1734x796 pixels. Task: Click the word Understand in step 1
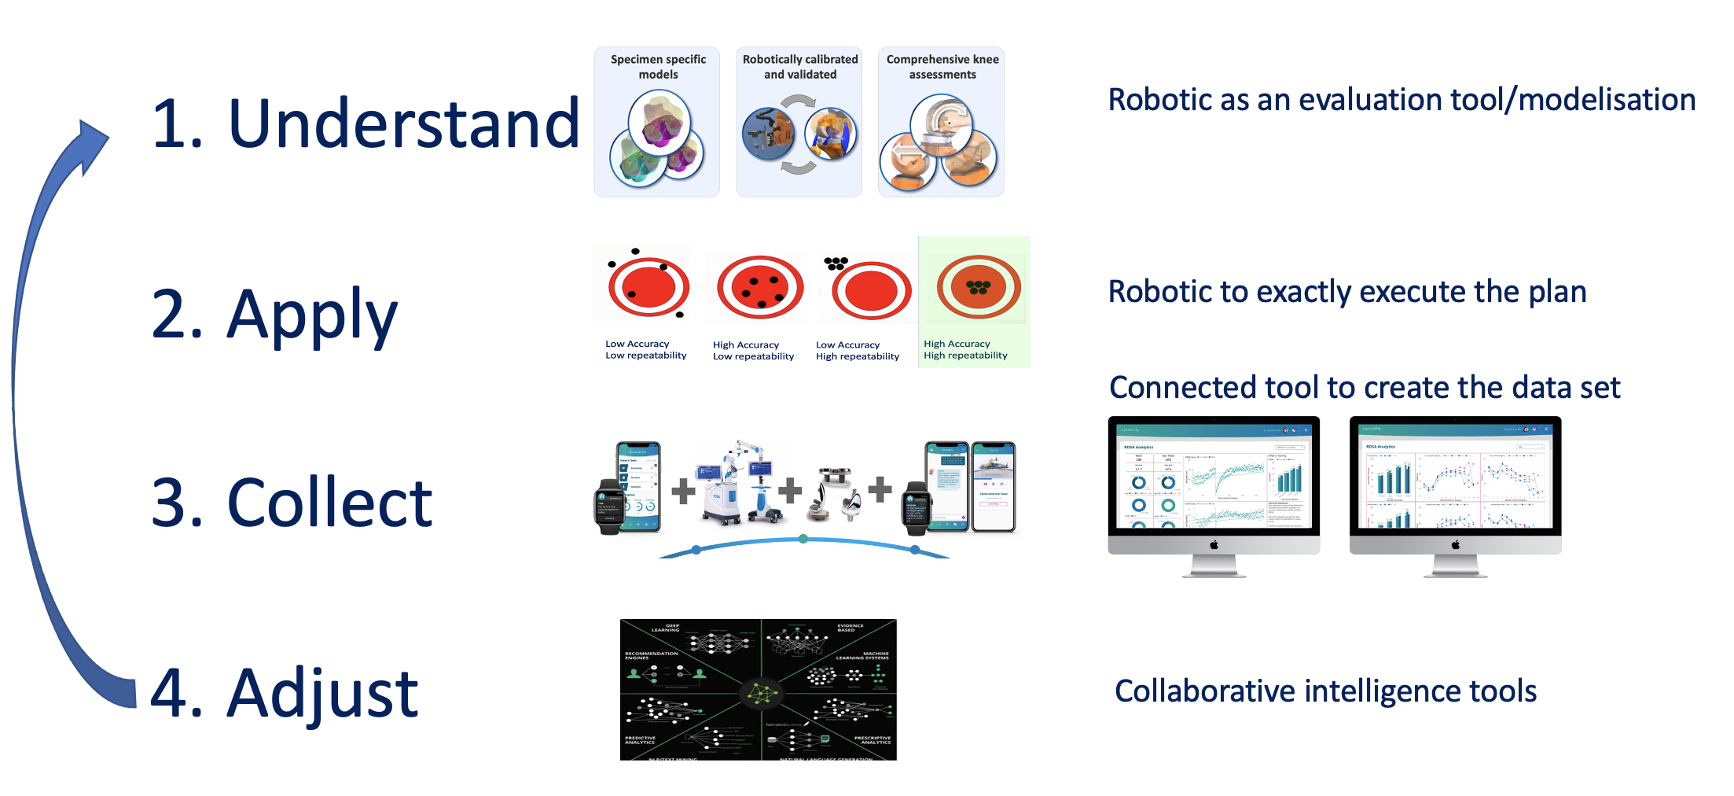pyautogui.click(x=403, y=123)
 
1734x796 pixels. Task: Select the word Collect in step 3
pyautogui.click(x=329, y=503)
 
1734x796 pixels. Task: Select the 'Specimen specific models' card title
pyautogui.click(x=658, y=67)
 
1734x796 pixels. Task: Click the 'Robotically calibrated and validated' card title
pyautogui.click(x=800, y=67)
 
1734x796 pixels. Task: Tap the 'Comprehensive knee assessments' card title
pyautogui.click(x=942, y=67)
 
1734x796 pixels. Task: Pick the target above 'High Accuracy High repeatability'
pyautogui.click(x=978, y=287)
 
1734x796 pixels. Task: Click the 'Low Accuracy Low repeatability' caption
pyautogui.click(x=645, y=350)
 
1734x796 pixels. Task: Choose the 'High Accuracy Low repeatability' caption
pyautogui.click(x=753, y=351)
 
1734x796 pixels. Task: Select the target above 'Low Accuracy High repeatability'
pyautogui.click(x=870, y=290)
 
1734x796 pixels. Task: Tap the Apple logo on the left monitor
pyautogui.click(x=1214, y=544)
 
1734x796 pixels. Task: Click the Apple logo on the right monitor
pyautogui.click(x=1455, y=544)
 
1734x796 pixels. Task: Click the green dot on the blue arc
pyautogui.click(x=803, y=539)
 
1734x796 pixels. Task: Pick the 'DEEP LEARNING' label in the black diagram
pyautogui.click(x=665, y=628)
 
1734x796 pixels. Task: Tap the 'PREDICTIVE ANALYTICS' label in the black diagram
pyautogui.click(x=640, y=740)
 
